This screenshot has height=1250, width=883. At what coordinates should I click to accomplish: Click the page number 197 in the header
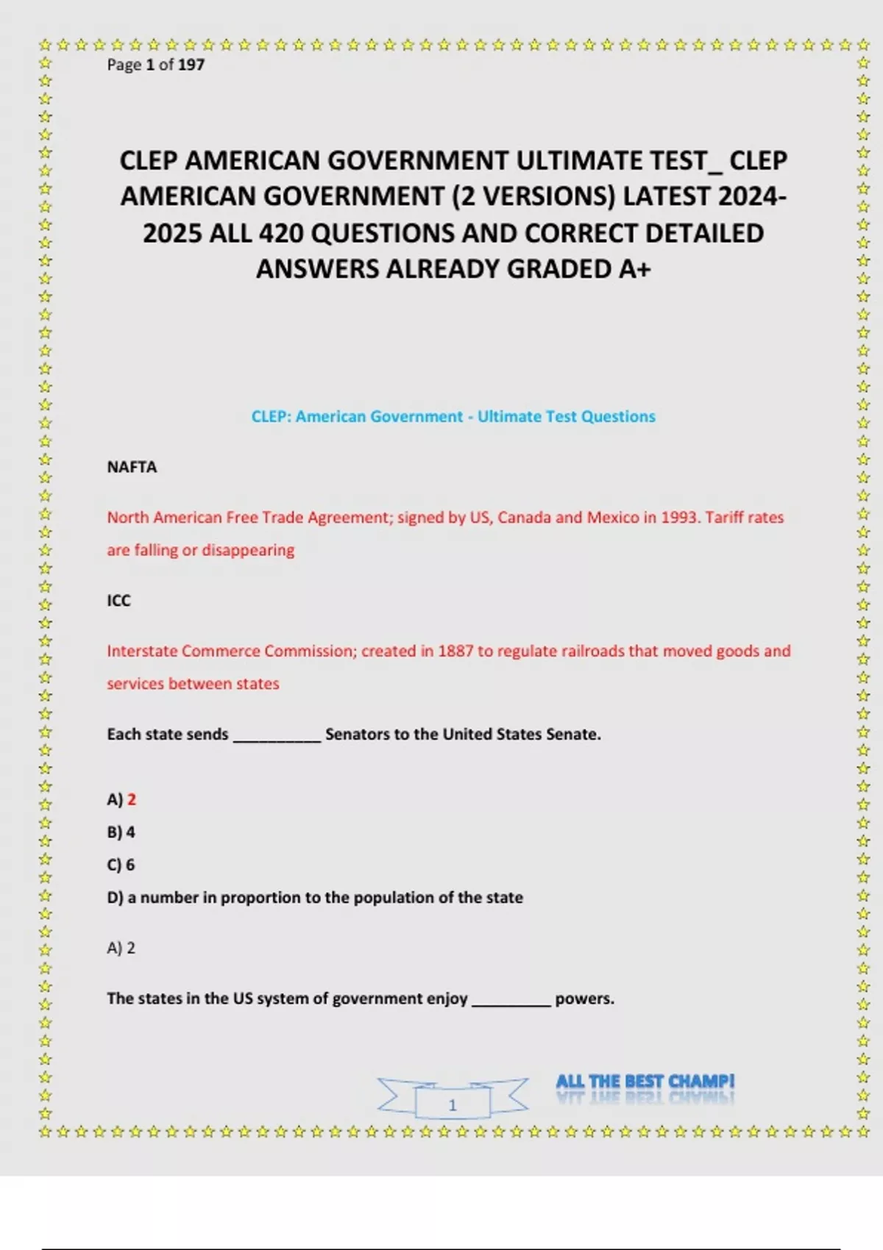191,65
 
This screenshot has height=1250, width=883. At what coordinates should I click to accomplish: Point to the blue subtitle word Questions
617,417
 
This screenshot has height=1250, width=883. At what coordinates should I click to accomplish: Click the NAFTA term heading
132,468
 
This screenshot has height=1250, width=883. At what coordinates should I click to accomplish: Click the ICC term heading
118,601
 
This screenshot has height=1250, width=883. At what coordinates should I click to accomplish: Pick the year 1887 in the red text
455,651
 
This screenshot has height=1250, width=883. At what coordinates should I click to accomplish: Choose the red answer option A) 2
122,799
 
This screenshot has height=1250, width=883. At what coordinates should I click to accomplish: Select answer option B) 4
121,832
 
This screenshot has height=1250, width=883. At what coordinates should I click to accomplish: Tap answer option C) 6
121,865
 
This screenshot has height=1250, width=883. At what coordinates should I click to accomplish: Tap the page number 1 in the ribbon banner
453,1104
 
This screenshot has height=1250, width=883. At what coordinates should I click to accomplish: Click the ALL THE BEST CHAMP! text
645,1082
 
